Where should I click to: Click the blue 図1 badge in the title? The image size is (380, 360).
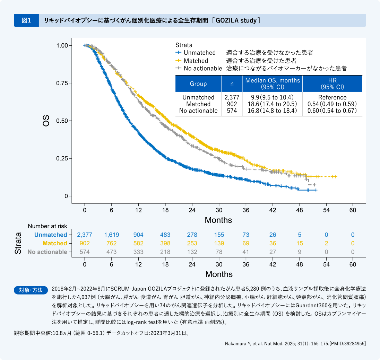pos(26,20)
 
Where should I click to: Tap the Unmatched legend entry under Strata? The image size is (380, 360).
pos(199,53)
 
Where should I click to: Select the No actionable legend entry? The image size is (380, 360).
pos(202,68)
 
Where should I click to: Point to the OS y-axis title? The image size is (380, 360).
pos(46,121)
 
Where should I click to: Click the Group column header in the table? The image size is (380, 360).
pos(198,84)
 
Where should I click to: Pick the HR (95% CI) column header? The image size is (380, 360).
pos(332,84)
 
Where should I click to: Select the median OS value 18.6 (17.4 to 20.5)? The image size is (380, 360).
pos(272,104)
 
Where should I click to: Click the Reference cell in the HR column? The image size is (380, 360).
pos(332,97)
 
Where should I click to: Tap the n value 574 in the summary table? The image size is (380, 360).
pos(232,111)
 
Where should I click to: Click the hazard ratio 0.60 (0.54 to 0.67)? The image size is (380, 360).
pos(332,111)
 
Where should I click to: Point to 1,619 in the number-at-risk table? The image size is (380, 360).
pos(112,235)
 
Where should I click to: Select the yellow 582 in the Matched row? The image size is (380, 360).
pos(138,243)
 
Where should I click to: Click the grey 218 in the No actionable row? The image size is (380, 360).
pos(165,252)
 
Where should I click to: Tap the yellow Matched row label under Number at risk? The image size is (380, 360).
pos(55,243)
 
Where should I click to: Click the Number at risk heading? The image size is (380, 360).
pos(47,226)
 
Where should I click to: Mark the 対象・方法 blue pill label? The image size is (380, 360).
pos(31,290)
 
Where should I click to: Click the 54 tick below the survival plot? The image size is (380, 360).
pos(326,210)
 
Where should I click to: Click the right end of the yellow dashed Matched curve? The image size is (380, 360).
pos(335,177)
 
